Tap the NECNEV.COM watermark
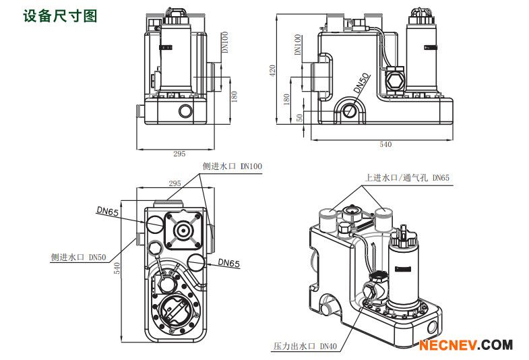[465, 345]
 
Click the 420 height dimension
[273, 70]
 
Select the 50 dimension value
[300, 117]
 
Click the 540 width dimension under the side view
[385, 144]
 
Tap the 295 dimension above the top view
[175, 183]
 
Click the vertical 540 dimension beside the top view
[117, 268]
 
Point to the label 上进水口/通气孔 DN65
[407, 178]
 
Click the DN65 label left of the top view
[107, 212]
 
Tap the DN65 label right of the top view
[228, 264]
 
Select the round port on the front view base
[184, 111]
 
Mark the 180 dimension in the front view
[235, 96]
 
